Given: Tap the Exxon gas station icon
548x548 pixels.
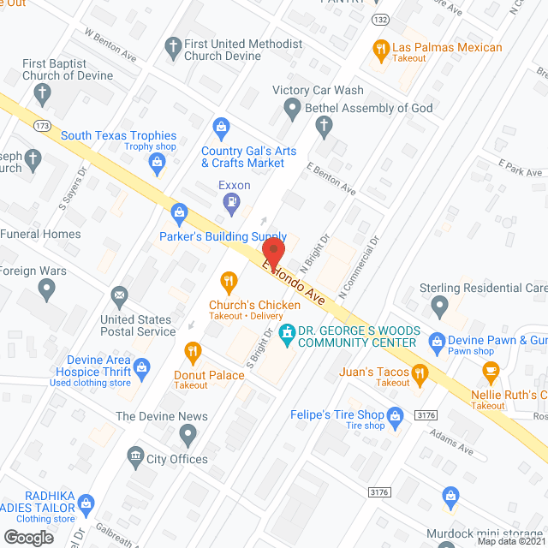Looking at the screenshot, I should (x=230, y=203).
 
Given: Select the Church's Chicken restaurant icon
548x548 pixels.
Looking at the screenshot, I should (x=228, y=280).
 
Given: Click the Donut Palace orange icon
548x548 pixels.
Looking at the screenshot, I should (x=193, y=350).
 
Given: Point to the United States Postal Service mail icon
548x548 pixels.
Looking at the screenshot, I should (x=120, y=297).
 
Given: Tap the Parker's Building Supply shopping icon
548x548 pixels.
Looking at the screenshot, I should (x=179, y=211).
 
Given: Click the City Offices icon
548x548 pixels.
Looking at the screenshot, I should (x=134, y=455).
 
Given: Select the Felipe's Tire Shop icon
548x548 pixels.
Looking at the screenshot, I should (x=395, y=417).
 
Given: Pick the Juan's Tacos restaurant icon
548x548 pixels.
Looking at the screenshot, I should (x=420, y=372).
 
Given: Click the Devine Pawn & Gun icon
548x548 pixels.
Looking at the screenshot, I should (x=437, y=340).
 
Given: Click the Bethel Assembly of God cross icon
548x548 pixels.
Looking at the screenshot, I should (x=324, y=126).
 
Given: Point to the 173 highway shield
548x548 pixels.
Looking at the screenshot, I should (x=43, y=127).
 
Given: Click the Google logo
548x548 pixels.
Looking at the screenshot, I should (x=27, y=537).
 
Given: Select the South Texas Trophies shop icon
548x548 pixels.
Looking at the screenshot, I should (x=157, y=160).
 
